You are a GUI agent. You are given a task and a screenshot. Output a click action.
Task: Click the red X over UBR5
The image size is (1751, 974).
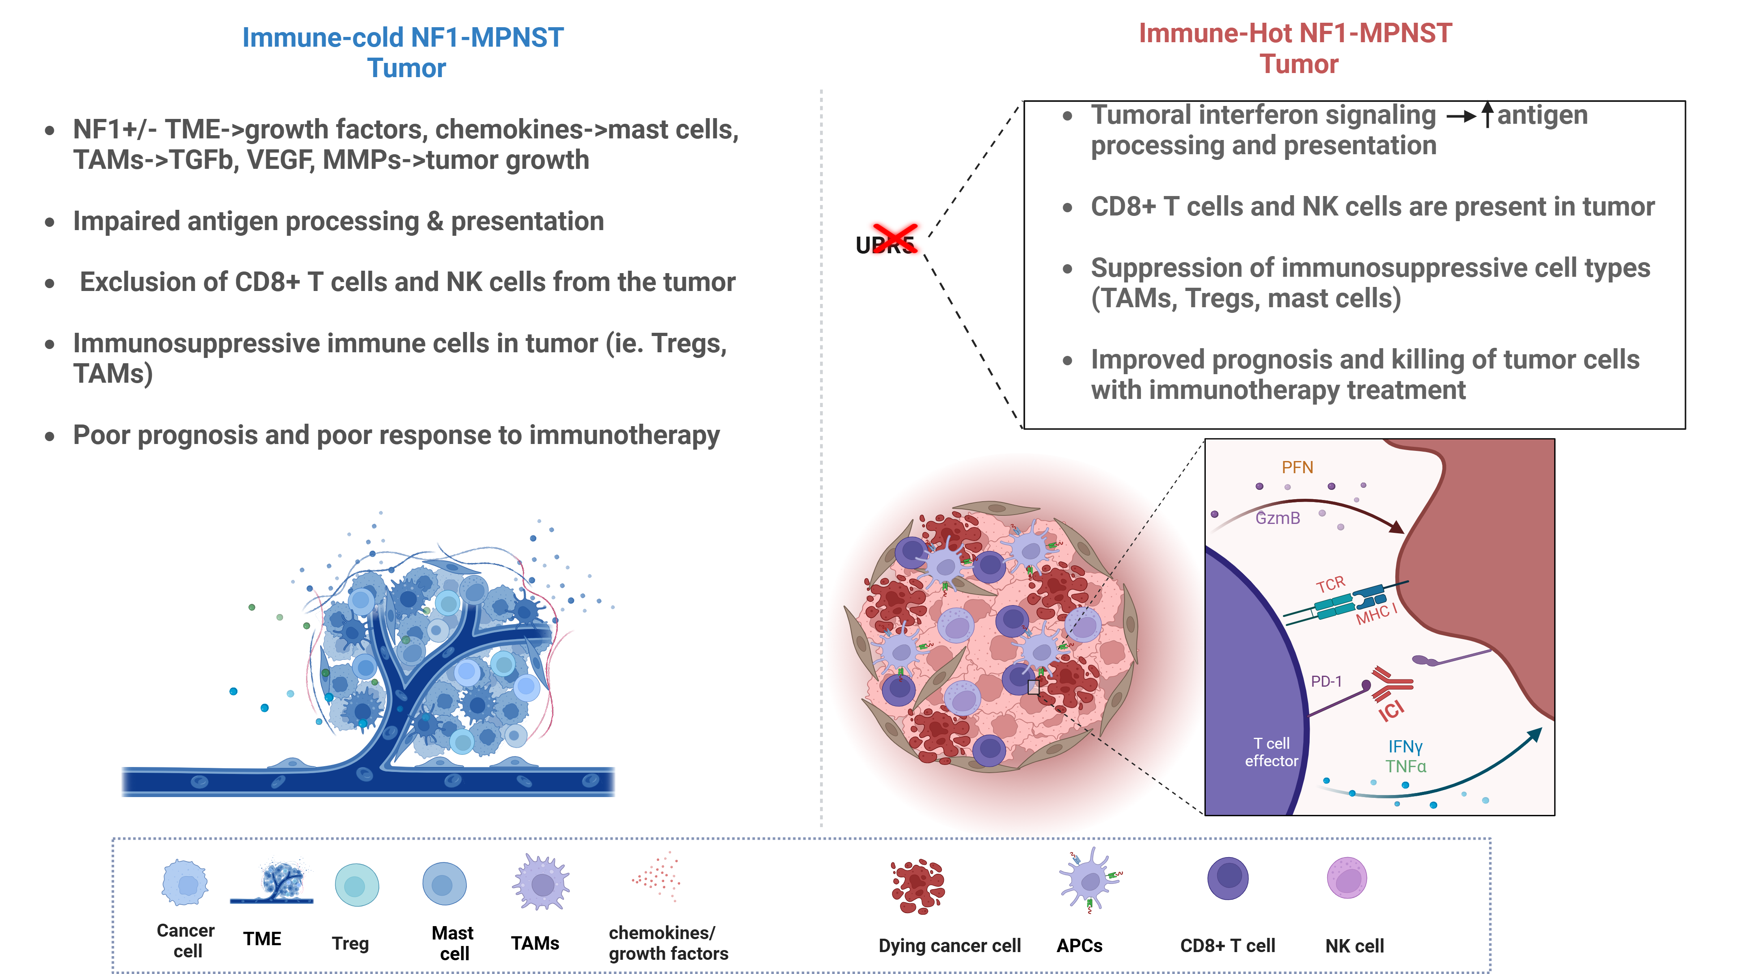(x=894, y=238)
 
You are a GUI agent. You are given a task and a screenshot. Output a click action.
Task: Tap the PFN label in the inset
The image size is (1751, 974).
(x=1297, y=468)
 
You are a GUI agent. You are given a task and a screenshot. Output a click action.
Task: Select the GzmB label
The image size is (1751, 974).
(x=1277, y=519)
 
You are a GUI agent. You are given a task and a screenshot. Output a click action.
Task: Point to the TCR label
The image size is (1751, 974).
(x=1330, y=584)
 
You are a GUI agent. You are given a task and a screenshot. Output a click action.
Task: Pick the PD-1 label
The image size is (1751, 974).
(x=1326, y=681)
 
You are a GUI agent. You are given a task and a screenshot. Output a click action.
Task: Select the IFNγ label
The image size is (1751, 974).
(x=1405, y=746)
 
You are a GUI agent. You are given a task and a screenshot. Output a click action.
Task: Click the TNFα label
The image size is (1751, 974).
(x=1406, y=767)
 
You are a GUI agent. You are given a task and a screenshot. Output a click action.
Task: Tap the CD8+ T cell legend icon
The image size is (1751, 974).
(x=1228, y=878)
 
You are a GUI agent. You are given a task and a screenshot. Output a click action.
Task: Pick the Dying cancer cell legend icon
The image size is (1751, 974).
(x=918, y=885)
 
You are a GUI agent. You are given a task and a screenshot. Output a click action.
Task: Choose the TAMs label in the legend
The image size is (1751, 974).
(x=535, y=944)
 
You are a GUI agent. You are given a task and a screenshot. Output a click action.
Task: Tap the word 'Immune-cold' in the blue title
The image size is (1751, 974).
(x=323, y=37)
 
